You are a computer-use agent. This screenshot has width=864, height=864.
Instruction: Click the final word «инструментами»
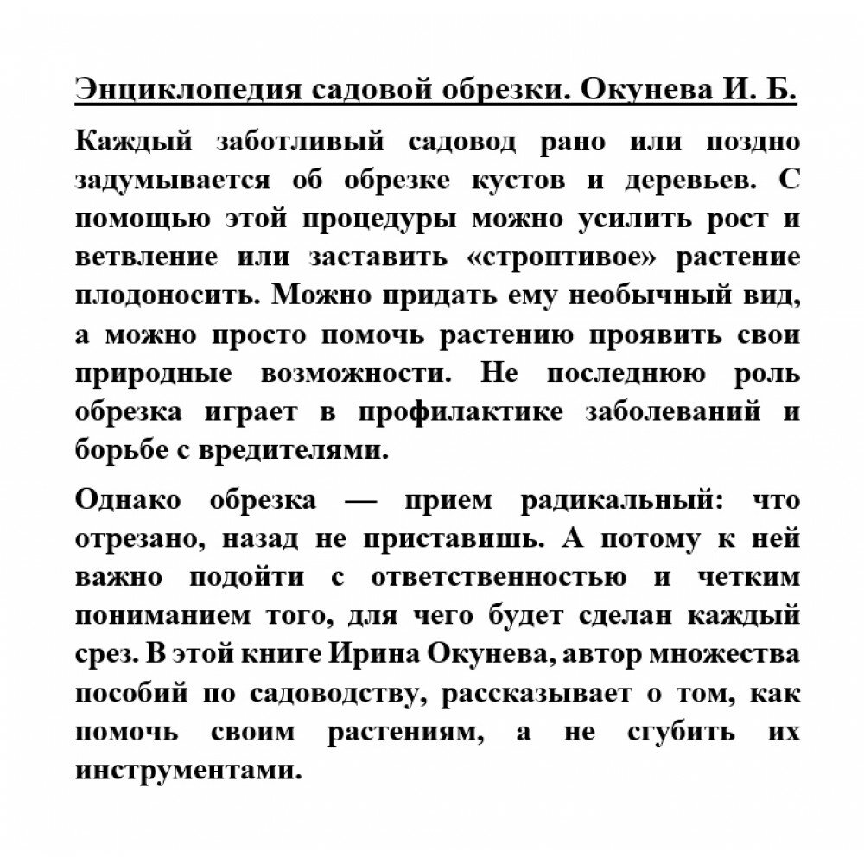click(x=189, y=768)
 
